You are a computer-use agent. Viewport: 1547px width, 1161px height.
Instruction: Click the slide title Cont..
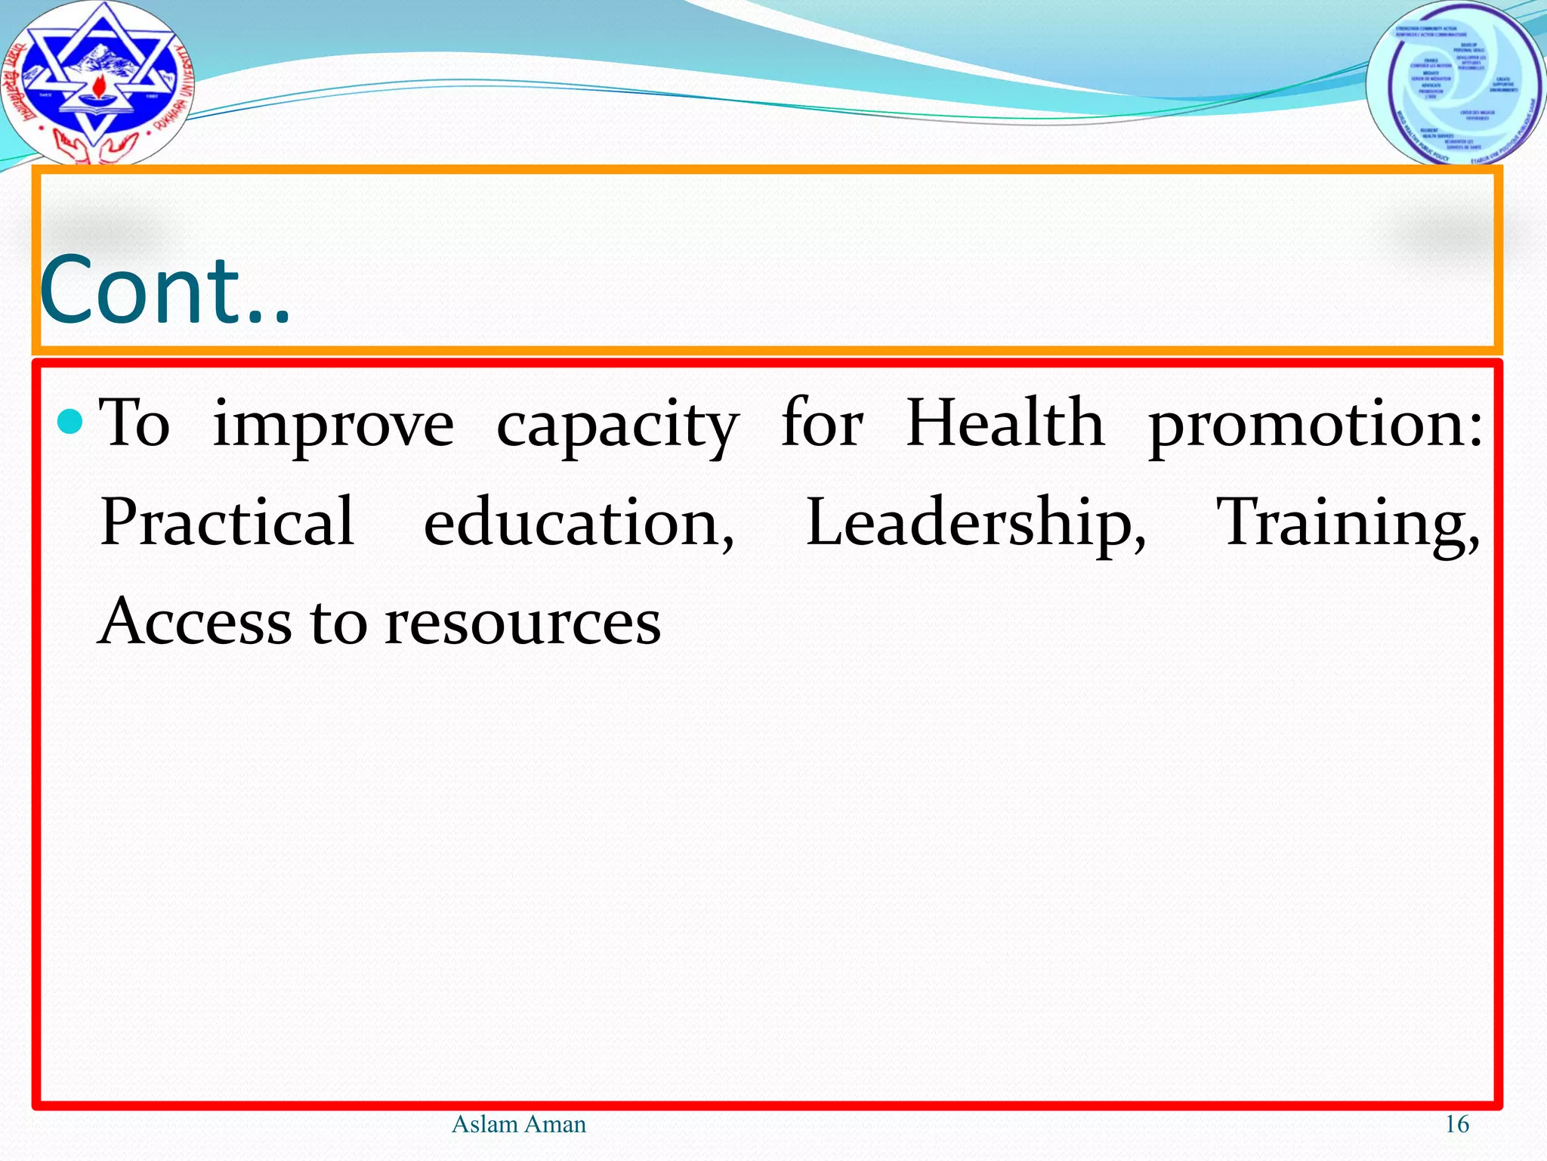(x=165, y=290)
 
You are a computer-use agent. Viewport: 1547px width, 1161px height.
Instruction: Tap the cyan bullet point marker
(x=70, y=422)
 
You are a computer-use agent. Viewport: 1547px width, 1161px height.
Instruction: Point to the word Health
(x=1005, y=423)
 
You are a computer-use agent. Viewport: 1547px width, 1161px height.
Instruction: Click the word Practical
(x=227, y=522)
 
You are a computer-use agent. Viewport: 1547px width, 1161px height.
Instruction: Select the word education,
(x=579, y=524)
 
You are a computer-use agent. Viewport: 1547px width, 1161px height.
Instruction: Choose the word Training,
(x=1348, y=524)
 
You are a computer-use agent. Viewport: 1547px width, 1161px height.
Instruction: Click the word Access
(x=196, y=621)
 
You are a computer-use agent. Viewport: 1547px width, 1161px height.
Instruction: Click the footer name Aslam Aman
(x=518, y=1125)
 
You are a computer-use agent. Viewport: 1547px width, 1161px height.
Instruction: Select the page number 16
(x=1456, y=1125)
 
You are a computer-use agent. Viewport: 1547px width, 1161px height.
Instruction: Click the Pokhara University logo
(x=96, y=82)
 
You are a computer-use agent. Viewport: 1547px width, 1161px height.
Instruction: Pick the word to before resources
(x=338, y=623)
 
